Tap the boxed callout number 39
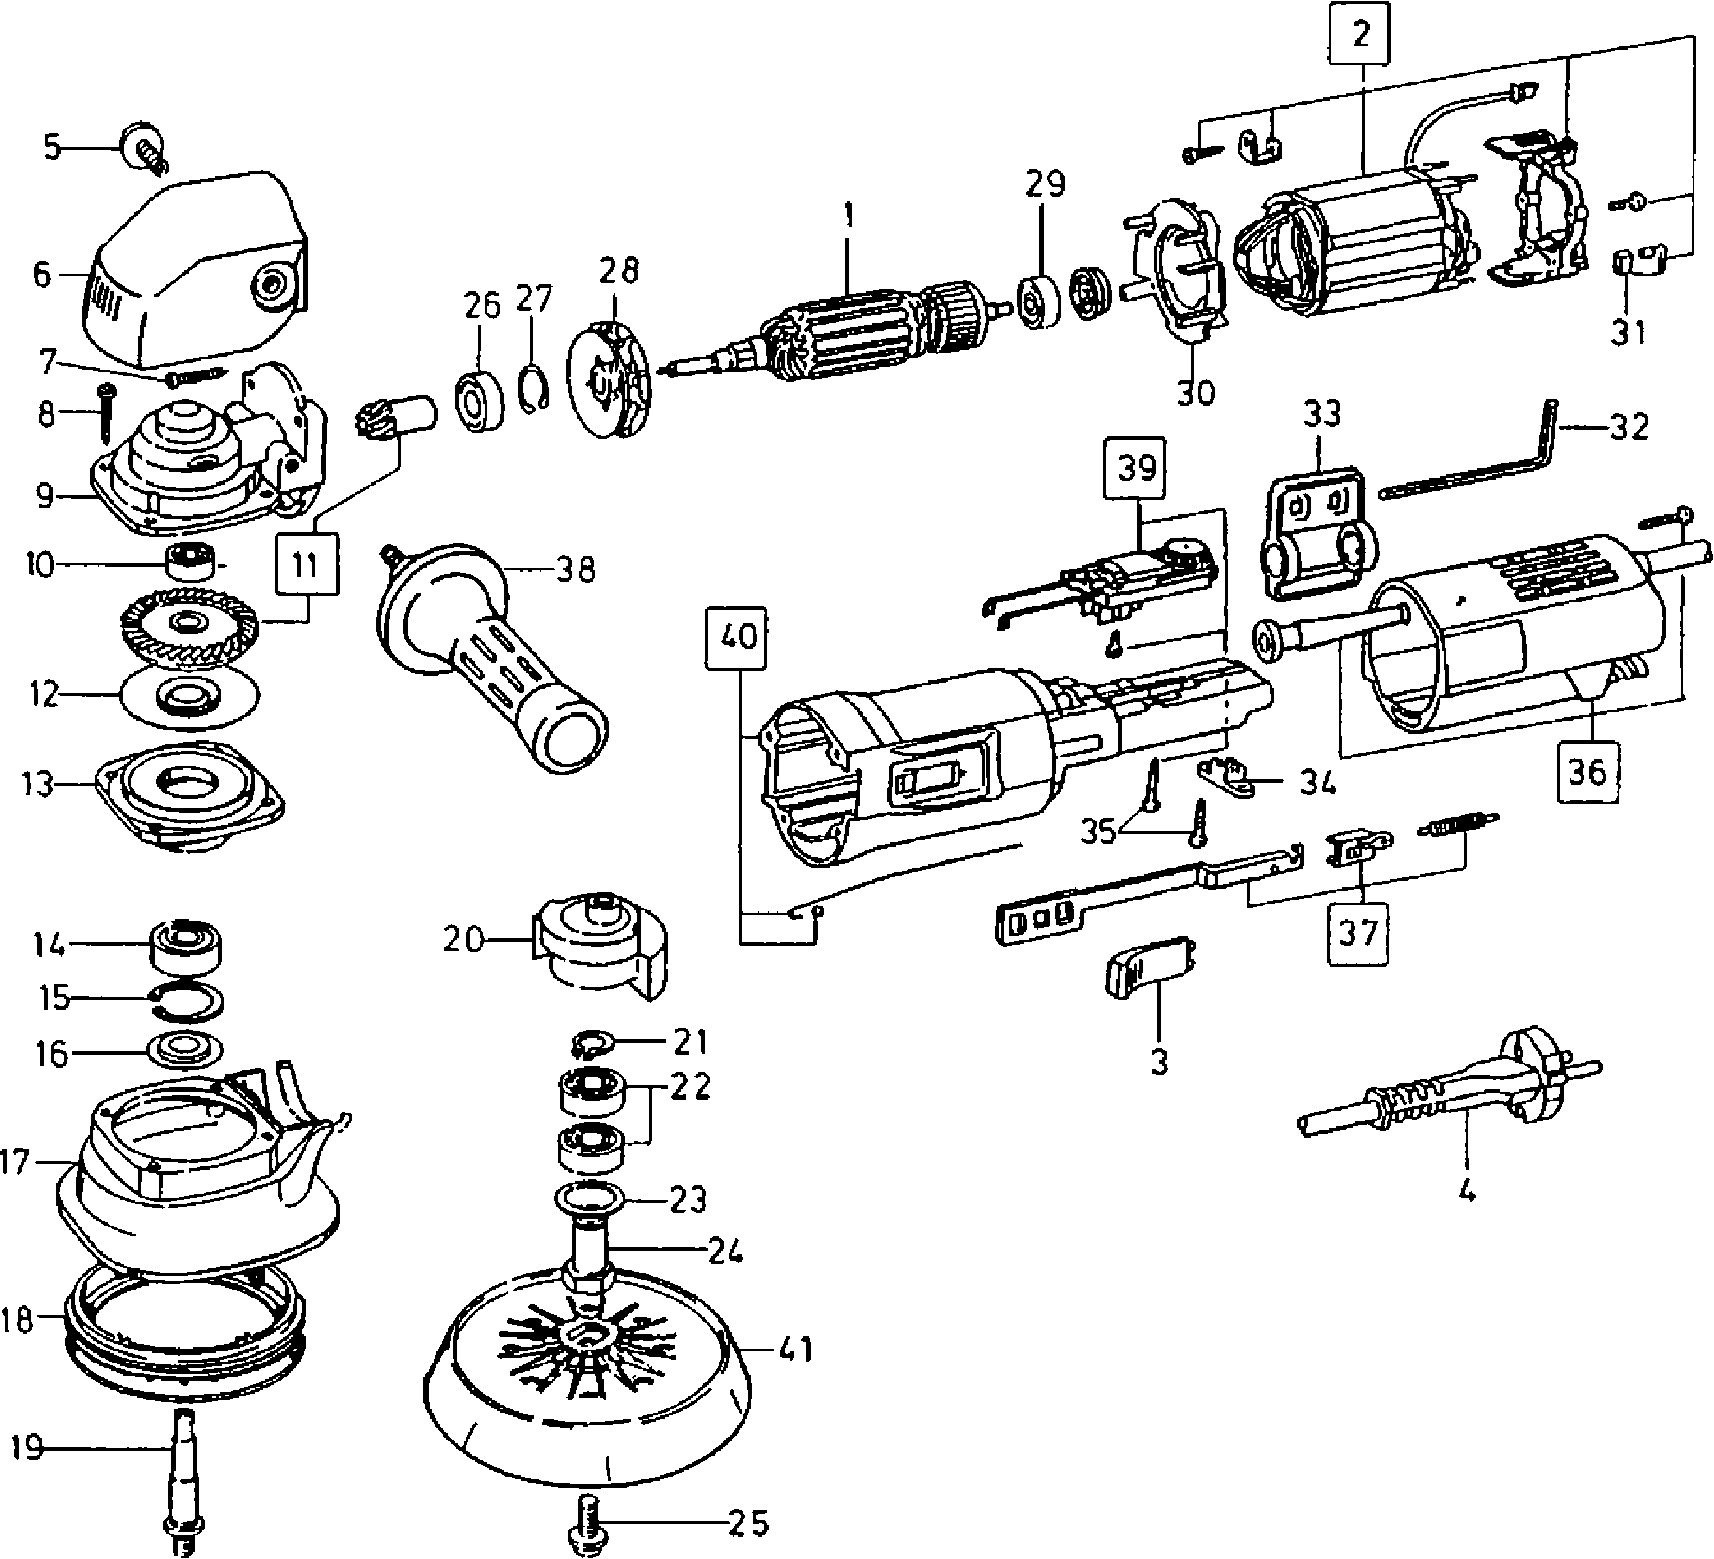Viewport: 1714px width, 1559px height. pos(1136,468)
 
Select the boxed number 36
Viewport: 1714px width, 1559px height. pos(1587,772)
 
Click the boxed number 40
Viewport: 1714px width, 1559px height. pos(737,637)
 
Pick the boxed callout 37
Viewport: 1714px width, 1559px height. pos(1358,932)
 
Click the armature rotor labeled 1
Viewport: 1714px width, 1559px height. pos(850,327)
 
